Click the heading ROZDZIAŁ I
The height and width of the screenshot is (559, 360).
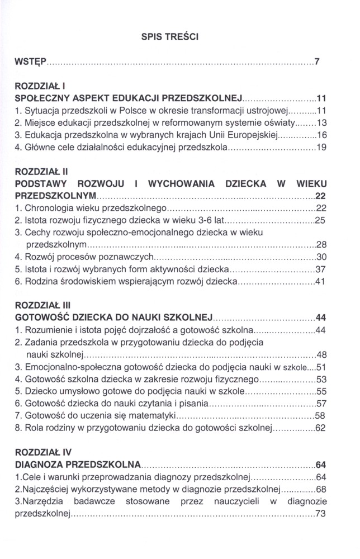point(40,87)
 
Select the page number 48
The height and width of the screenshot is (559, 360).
point(321,355)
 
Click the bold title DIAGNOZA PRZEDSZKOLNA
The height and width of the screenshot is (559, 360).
point(78,464)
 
